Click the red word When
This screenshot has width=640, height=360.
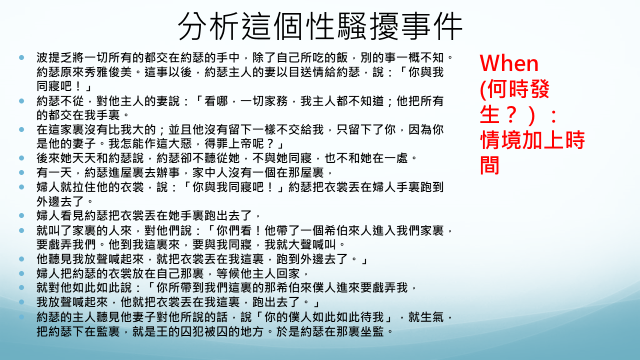[509, 63]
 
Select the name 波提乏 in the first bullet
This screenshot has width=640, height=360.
[54, 57]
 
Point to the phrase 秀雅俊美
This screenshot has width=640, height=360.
[108, 72]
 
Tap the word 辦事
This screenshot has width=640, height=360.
[168, 172]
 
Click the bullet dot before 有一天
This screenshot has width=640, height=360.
[21, 172]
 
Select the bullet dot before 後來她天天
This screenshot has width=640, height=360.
[21, 157]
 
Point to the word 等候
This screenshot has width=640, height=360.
[228, 273]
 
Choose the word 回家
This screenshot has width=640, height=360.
[288, 273]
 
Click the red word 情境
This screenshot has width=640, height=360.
[501, 140]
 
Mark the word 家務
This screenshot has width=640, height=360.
[276, 101]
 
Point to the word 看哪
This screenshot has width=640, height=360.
[216, 101]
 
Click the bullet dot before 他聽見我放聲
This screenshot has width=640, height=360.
[21, 259]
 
